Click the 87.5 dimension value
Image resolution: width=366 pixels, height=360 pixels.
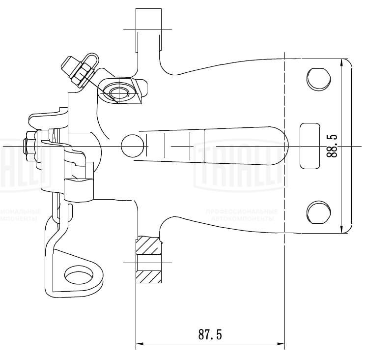click(x=210, y=335)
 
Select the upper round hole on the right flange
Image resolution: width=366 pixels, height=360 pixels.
click(x=318, y=78)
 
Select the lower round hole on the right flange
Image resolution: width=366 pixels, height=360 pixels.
click(x=318, y=212)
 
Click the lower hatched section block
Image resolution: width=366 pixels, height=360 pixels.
click(x=149, y=278)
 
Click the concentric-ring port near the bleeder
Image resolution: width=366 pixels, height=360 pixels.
click(x=117, y=92)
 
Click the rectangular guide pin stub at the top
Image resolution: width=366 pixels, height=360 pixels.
click(x=149, y=30)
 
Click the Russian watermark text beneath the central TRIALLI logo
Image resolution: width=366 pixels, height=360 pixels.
click(x=241, y=214)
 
